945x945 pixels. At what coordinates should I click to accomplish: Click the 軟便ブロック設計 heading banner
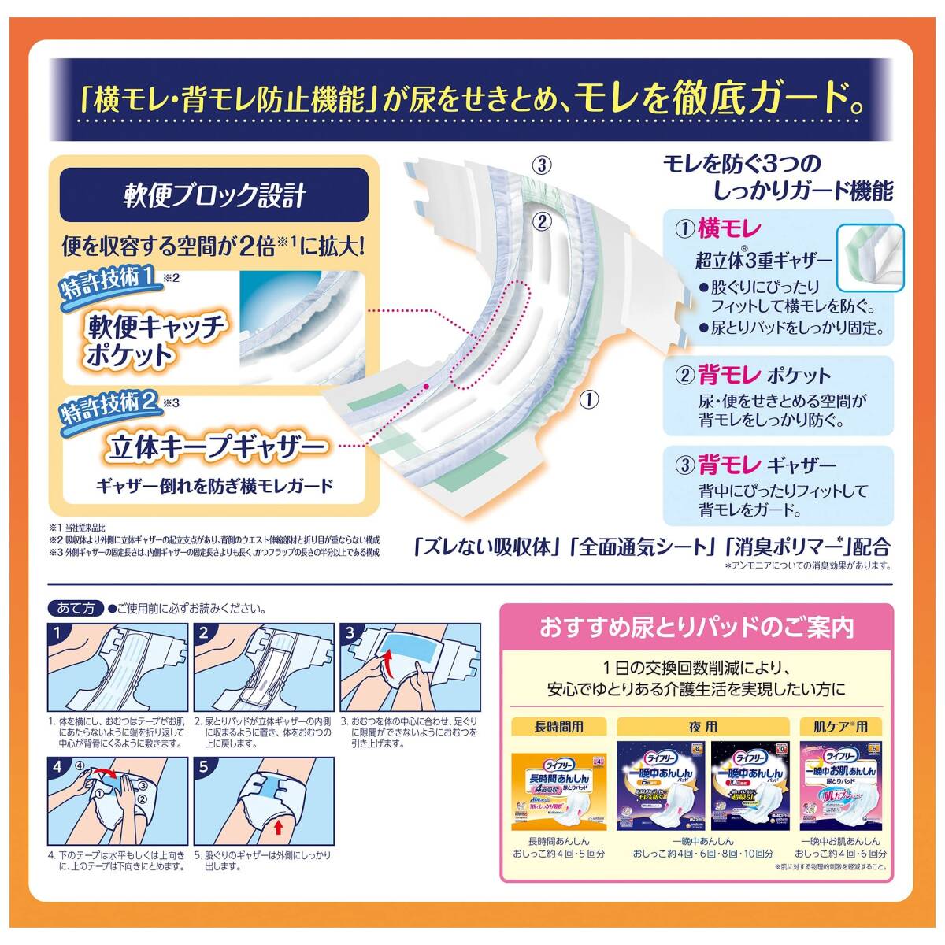[x=213, y=195]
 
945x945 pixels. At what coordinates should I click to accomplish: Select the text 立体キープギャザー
[x=217, y=448]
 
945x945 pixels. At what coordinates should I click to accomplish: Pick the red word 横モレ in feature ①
[x=729, y=229]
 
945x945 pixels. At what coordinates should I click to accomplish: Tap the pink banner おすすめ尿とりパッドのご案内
[x=696, y=628]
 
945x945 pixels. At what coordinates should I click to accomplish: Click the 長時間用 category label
[x=558, y=727]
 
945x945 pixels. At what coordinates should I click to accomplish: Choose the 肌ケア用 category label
[x=839, y=727]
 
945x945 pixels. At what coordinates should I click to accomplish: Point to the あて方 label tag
[x=76, y=608]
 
